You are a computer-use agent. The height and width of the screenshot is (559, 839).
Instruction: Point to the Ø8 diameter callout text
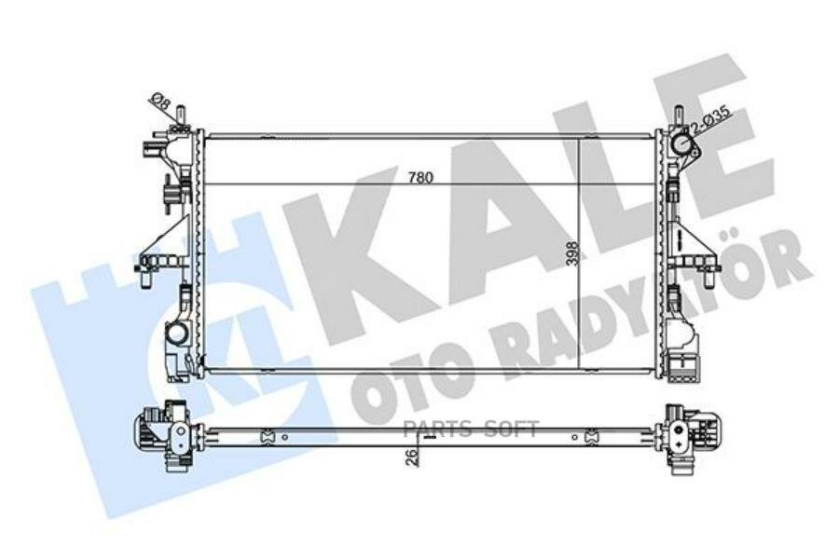[x=159, y=102]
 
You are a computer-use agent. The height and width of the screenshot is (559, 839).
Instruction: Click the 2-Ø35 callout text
[x=712, y=119]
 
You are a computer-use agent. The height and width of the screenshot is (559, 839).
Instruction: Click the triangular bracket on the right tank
[x=687, y=239]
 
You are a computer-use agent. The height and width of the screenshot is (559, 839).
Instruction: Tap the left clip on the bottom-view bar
[x=268, y=434]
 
